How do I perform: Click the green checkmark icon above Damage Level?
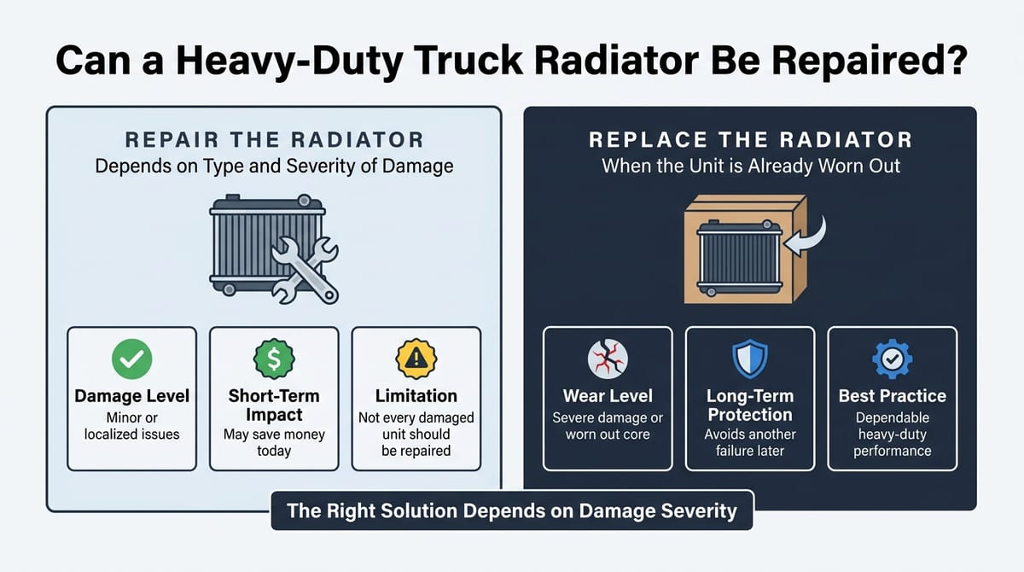(x=131, y=359)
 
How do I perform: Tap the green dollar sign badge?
(x=274, y=359)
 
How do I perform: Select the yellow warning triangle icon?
(x=416, y=359)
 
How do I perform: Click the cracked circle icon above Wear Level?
(x=608, y=359)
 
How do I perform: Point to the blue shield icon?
(x=750, y=359)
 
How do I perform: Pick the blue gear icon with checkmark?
(x=892, y=359)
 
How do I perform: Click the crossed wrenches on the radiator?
(x=305, y=271)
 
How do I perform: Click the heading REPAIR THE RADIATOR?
(x=274, y=140)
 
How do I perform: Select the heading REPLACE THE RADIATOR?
(x=750, y=140)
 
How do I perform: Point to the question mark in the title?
(x=957, y=60)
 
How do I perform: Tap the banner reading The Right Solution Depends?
(x=511, y=511)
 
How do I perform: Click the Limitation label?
(x=416, y=396)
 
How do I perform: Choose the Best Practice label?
(x=892, y=396)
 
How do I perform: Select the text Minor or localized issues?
(x=131, y=426)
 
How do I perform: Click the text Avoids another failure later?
(x=750, y=442)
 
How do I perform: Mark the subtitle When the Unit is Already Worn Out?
(x=751, y=166)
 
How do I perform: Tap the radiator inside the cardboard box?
(x=739, y=258)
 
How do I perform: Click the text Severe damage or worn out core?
(x=608, y=426)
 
